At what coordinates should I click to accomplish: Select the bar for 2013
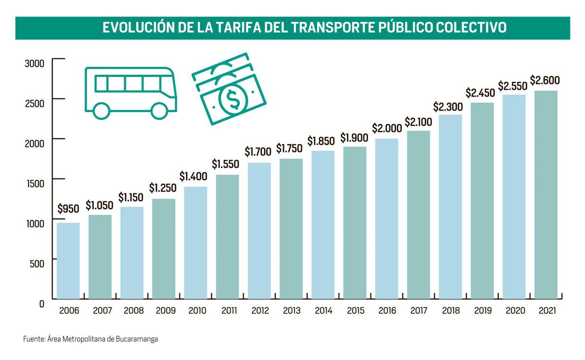(x=291, y=228)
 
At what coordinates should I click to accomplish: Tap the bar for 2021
(x=546, y=194)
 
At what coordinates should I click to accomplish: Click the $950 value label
(x=68, y=209)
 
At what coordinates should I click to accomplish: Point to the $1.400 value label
(x=195, y=176)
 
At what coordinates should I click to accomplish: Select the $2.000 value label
(x=387, y=128)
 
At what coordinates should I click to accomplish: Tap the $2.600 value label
(x=545, y=80)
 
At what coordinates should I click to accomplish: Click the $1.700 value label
(x=259, y=152)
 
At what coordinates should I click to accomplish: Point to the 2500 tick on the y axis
(x=35, y=103)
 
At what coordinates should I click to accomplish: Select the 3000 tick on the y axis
(x=35, y=63)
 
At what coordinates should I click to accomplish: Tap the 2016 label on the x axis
(x=387, y=311)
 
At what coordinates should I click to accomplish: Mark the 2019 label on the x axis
(x=482, y=311)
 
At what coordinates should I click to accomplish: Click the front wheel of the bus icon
(x=159, y=110)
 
